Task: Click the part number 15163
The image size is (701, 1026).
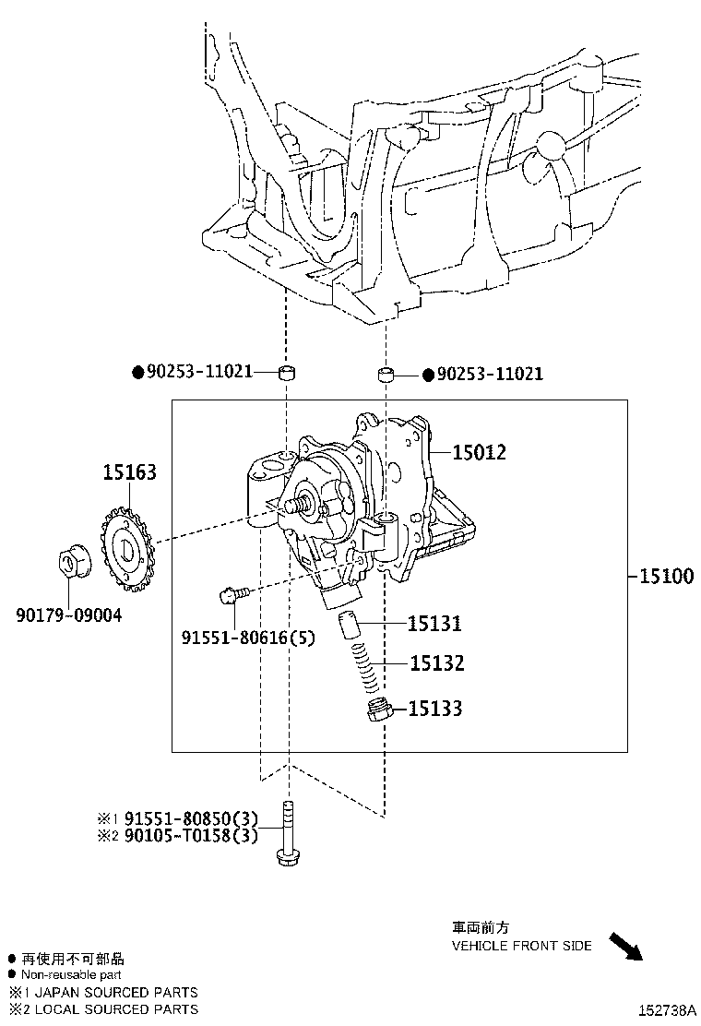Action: pos(129,471)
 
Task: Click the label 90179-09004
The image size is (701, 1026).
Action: pos(68,615)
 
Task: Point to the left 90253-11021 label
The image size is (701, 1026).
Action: pos(199,372)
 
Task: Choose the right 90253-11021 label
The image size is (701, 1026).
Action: pos(490,374)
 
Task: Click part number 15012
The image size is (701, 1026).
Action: pos(480,452)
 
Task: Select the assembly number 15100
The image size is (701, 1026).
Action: pos(666,576)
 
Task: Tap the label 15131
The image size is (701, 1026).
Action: pos(434,624)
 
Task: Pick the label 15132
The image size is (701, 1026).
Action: pos(437,663)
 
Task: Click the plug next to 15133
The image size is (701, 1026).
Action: pos(378,710)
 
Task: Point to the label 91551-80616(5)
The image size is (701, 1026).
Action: pos(248,637)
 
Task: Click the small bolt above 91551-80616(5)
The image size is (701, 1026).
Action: pos(234,594)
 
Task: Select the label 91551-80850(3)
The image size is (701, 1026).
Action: pos(191,818)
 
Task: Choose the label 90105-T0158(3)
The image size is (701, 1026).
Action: pos(191,836)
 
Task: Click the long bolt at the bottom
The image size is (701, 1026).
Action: pos(288,833)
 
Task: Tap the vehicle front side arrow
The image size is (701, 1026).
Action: pos(625,946)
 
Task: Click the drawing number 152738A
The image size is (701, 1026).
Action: pos(667,1010)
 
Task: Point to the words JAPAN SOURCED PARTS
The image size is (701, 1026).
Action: pos(116,993)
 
